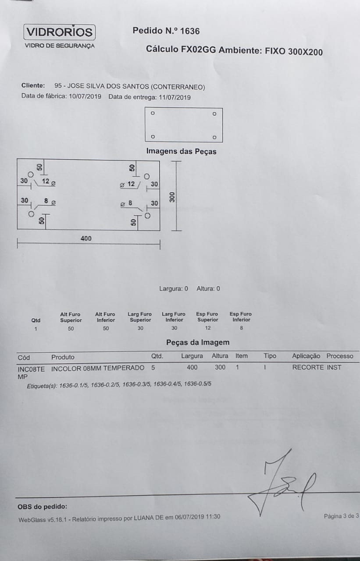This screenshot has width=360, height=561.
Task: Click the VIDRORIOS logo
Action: (x=59, y=32)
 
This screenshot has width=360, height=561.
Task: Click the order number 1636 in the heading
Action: (x=189, y=31)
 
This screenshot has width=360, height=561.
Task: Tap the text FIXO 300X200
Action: (x=294, y=52)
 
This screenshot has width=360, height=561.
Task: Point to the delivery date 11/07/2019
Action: (x=175, y=97)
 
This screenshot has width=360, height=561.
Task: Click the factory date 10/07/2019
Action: (x=85, y=96)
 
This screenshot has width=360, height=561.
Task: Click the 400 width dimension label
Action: (x=86, y=238)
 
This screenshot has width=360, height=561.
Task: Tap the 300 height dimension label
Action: (x=172, y=197)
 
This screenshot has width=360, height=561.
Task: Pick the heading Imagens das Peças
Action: (x=181, y=152)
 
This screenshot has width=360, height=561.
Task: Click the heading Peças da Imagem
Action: (x=198, y=342)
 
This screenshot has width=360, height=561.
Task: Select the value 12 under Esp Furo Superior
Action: (x=208, y=328)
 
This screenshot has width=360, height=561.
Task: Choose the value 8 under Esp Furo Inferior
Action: (x=241, y=327)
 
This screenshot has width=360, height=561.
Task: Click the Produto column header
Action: (x=63, y=357)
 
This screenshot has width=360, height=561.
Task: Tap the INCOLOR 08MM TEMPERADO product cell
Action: (x=98, y=368)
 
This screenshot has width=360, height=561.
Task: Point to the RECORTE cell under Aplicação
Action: (x=308, y=367)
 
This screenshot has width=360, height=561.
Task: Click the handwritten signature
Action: (x=282, y=485)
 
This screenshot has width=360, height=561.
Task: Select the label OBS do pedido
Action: (x=43, y=507)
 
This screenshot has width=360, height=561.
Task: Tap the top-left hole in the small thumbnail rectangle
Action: (x=153, y=113)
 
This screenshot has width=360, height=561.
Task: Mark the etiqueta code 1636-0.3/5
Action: (x=137, y=384)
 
